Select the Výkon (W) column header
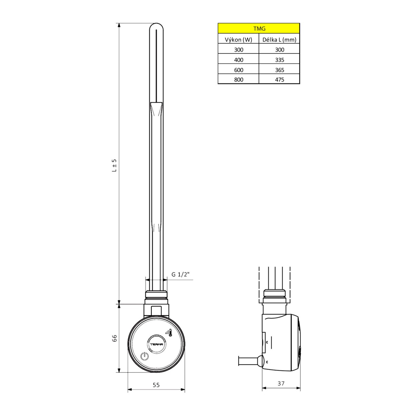(238, 40)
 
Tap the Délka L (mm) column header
(279, 40)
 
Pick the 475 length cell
(279, 80)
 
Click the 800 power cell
(238, 80)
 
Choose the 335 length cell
(279, 60)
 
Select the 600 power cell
(238, 70)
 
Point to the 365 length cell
(279, 70)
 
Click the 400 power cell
(238, 60)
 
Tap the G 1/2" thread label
(180, 275)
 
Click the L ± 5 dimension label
(115, 165)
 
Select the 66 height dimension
(115, 338)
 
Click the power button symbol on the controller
(145, 356)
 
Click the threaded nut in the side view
(274, 295)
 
